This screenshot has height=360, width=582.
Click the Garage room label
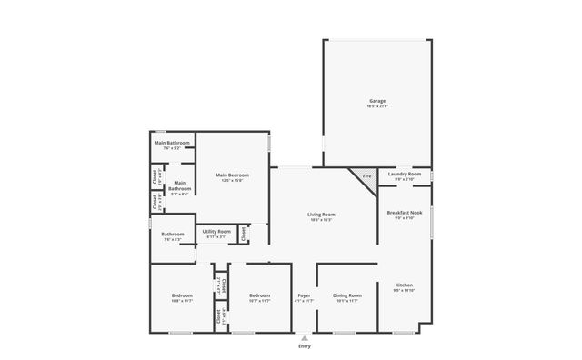(x=377, y=100)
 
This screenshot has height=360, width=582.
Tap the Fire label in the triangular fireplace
(x=366, y=175)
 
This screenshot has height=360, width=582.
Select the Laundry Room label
(x=404, y=174)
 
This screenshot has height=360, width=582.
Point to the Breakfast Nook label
(x=404, y=213)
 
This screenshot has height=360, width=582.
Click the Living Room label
(x=321, y=214)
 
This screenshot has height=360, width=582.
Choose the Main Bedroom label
(x=232, y=175)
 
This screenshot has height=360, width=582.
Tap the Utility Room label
(x=216, y=232)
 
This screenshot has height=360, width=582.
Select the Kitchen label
(x=404, y=285)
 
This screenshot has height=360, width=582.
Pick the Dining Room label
(x=347, y=295)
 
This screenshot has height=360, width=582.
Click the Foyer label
(x=305, y=295)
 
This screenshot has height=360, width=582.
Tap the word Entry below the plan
(x=304, y=346)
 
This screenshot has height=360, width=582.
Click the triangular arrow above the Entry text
(x=304, y=337)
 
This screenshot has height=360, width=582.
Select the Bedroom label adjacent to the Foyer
(x=260, y=295)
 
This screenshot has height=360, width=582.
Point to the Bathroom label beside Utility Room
(x=173, y=234)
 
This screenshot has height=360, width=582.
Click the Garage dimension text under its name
(x=377, y=106)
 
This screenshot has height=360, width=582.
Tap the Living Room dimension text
(x=321, y=220)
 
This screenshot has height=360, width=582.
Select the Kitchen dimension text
(x=404, y=291)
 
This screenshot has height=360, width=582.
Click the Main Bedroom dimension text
(x=232, y=181)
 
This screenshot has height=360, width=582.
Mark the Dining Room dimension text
(x=347, y=302)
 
